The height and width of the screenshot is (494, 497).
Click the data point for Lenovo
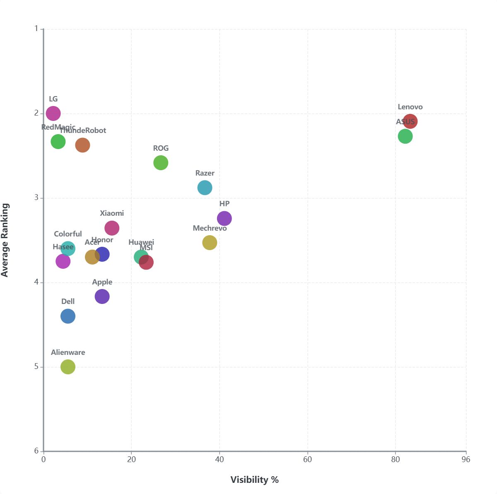[x=410, y=121]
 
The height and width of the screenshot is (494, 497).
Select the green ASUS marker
[x=405, y=136]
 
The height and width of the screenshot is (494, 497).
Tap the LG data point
[x=53, y=113]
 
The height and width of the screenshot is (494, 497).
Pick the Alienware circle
[x=68, y=366]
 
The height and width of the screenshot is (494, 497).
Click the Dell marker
[x=68, y=316]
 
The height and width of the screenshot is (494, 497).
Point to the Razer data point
[x=205, y=188]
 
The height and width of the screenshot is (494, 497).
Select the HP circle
[x=224, y=218]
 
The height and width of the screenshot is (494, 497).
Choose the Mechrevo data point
[x=210, y=242]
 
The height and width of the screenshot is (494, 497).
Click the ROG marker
[x=161, y=163]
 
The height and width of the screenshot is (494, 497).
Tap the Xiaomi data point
[x=112, y=228]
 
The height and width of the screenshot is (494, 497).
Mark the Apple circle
[x=102, y=296]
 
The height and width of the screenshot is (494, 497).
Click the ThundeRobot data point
[x=82, y=145]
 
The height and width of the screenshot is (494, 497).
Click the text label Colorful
[x=68, y=234]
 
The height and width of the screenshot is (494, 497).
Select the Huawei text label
[x=141, y=242]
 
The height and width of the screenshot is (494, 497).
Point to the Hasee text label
[x=63, y=247]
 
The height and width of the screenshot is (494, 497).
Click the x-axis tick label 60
[x=307, y=459]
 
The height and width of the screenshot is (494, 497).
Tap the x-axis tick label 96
[x=466, y=459]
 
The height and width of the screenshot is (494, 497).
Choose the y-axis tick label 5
[x=36, y=366]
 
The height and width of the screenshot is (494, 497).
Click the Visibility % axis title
[x=254, y=480]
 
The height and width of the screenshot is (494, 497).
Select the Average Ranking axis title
[x=5, y=240]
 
